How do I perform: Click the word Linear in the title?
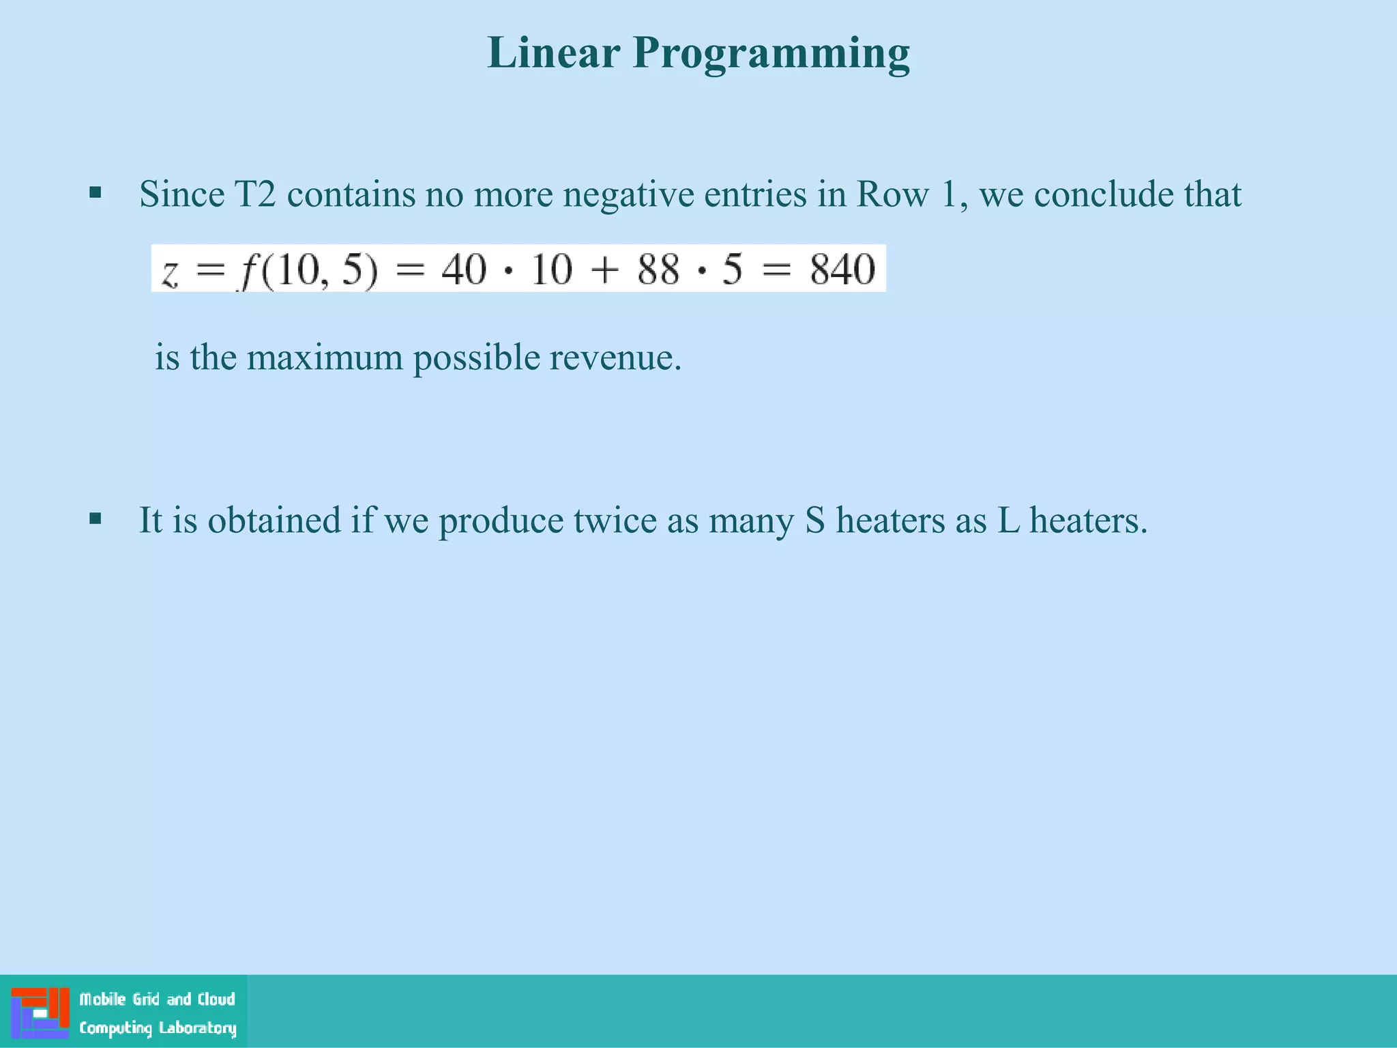click(553, 53)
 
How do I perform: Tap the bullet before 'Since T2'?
click(95, 193)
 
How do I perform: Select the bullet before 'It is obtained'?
click(95, 519)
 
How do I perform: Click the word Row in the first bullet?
click(892, 194)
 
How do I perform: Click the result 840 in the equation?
click(842, 269)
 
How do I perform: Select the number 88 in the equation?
click(658, 269)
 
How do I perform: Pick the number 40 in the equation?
click(464, 269)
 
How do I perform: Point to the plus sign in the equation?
click(604, 270)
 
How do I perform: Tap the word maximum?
click(325, 358)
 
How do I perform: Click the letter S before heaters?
click(815, 521)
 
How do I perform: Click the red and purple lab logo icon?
click(40, 1013)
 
